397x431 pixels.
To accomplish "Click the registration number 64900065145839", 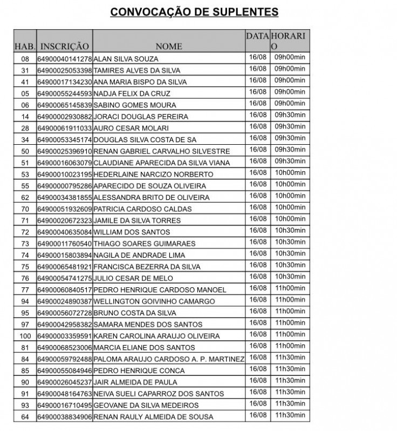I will coord(65,105).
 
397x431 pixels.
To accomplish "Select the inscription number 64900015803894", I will coord(65,255).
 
